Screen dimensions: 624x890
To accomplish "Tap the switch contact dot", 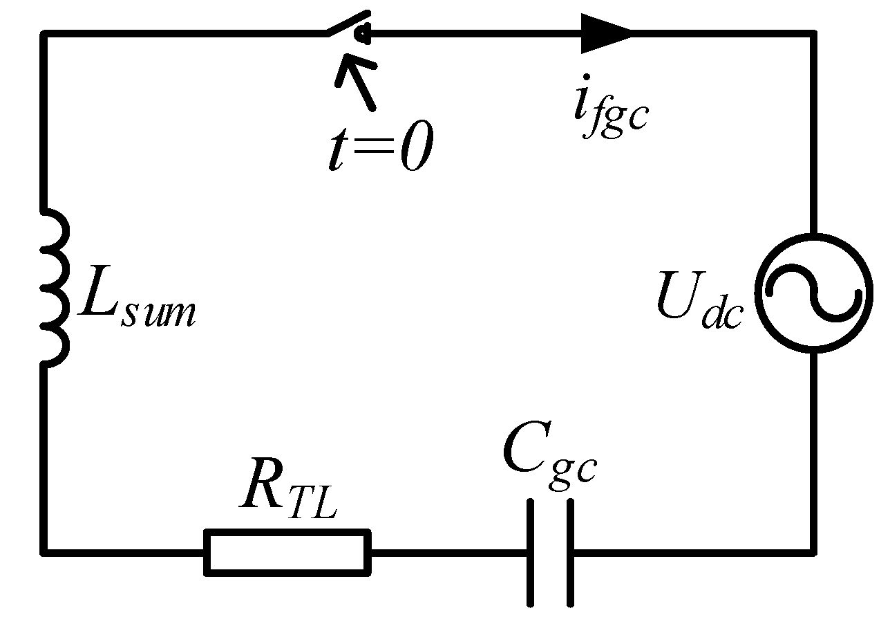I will pos(363,31).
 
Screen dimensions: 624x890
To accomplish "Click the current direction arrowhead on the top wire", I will pos(604,33).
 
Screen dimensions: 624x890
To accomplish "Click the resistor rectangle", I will pos(287,551).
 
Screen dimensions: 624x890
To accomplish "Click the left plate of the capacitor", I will pos(530,551).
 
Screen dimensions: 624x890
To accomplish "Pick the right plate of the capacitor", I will pos(571,551).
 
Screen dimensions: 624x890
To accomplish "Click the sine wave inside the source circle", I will pos(813,293).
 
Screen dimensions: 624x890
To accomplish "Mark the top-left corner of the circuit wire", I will pos(45,33).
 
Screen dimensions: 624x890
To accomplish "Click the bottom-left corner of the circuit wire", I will pos(45,551).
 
